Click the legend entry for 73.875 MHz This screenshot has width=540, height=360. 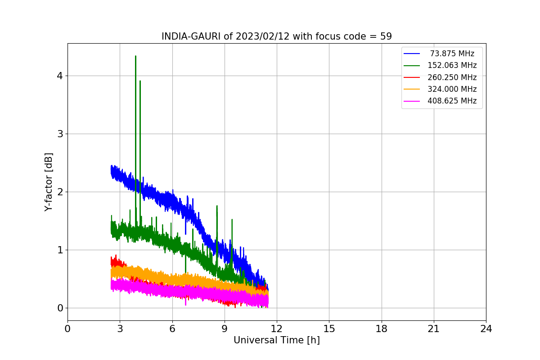coord(452,54)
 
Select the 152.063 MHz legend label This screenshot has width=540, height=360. coord(452,65)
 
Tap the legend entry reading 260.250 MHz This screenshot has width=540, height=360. coord(452,77)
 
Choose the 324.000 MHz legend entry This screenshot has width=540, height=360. coord(452,89)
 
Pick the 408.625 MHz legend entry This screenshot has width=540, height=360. coord(452,101)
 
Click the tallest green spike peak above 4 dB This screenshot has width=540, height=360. coord(135,56)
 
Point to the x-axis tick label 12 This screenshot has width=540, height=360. coord(277,329)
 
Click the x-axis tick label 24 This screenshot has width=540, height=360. coord(486,329)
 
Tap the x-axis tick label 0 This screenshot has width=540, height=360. coord(67,329)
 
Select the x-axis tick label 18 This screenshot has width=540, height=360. coord(382,329)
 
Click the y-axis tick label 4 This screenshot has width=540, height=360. coord(59,76)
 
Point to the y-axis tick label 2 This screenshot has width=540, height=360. coord(59,192)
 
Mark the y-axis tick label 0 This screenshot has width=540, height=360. coord(59,308)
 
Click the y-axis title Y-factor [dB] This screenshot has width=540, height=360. coord(49,182)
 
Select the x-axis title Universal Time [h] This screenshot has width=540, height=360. coord(276,341)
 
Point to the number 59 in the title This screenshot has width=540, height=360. coord(386,36)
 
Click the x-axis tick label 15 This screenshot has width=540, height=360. coord(329,329)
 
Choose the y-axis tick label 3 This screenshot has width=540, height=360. coord(59,134)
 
